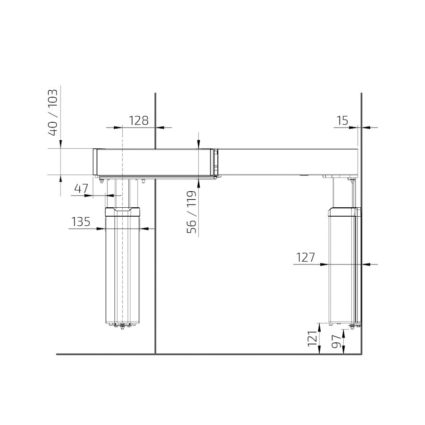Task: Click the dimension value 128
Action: [138, 120]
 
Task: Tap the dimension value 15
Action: [342, 120]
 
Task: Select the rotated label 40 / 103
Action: [52, 112]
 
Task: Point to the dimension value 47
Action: [81, 188]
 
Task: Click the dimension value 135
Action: [81, 222]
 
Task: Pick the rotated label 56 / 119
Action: [191, 212]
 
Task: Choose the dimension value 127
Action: [305, 257]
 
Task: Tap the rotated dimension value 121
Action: [312, 339]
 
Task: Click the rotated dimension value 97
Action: [336, 341]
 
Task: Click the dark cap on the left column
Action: [122, 212]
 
